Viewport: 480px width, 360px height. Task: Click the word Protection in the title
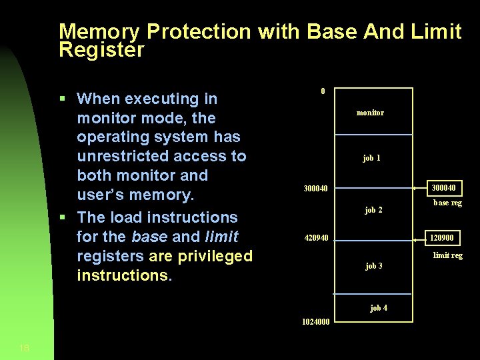pyautogui.click(x=199, y=32)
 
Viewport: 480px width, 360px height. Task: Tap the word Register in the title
pyautogui.click(x=101, y=50)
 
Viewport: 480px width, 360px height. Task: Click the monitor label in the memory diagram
pyautogui.click(x=370, y=113)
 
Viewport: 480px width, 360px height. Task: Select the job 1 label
pyautogui.click(x=371, y=158)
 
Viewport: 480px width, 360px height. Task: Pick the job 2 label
pyautogui.click(x=373, y=210)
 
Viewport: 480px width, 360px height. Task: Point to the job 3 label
pyautogui.click(x=373, y=266)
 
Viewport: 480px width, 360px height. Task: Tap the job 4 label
pyautogui.click(x=379, y=307)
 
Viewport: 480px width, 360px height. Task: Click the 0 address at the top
pyautogui.click(x=323, y=91)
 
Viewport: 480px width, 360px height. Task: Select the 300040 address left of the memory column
pyautogui.click(x=315, y=189)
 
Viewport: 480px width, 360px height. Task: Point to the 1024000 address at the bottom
pyautogui.click(x=315, y=321)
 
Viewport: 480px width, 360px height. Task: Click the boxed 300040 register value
pyautogui.click(x=444, y=188)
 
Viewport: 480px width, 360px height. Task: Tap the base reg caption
pyautogui.click(x=447, y=203)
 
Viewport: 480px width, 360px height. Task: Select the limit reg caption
pyautogui.click(x=447, y=255)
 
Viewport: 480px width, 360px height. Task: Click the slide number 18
pyautogui.click(x=24, y=347)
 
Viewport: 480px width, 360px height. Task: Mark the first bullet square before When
pyautogui.click(x=62, y=99)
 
